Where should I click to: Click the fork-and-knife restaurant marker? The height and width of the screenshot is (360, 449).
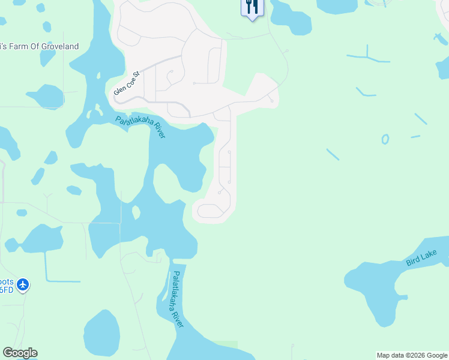pyautogui.click(x=252, y=8)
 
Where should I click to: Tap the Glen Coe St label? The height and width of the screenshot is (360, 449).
pyautogui.click(x=127, y=83)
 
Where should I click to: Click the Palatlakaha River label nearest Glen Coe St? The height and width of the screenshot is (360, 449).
pyautogui.click(x=140, y=126)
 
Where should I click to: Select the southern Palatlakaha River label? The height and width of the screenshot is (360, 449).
pyautogui.click(x=178, y=298)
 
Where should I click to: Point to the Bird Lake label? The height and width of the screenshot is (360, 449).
pyautogui.click(x=421, y=259)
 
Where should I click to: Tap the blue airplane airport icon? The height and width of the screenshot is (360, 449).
pyautogui.click(x=23, y=283)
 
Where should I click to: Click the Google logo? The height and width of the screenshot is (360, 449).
pyautogui.click(x=20, y=353)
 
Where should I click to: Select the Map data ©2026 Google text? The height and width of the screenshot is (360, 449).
pyautogui.click(x=411, y=355)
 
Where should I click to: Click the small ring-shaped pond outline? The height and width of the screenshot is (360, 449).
pyautogui.click(x=385, y=139)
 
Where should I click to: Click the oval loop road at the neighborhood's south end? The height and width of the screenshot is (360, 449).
pyautogui.click(x=210, y=211)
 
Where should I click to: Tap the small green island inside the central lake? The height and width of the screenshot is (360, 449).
pyautogui.click(x=136, y=212)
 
